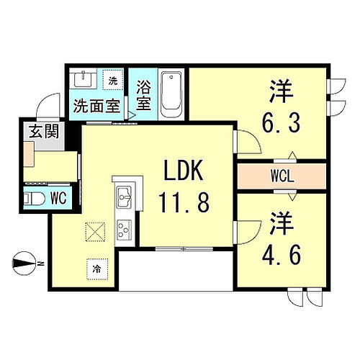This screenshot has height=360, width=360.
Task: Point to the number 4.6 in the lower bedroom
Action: point(282,254)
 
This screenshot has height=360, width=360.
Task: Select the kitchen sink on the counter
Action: point(123,194)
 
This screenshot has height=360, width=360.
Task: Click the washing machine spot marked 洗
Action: point(112,80)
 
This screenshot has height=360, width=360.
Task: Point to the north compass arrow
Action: point(25,264)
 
